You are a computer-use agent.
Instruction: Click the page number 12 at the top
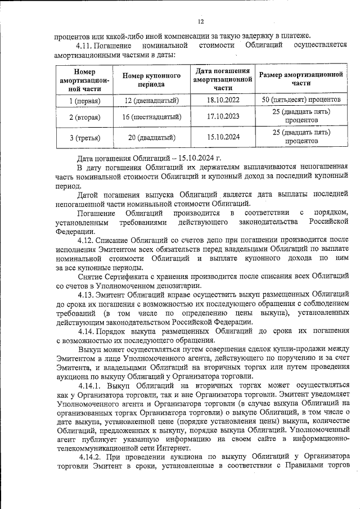(201, 21)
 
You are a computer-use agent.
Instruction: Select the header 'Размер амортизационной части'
(301, 78)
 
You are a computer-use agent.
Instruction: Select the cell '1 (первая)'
(84, 100)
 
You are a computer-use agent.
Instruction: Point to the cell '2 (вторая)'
(84, 117)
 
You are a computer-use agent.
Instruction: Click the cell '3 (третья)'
(84, 137)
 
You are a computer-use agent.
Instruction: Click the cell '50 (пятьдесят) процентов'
(301, 100)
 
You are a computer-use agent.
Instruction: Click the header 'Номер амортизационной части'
(84, 80)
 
